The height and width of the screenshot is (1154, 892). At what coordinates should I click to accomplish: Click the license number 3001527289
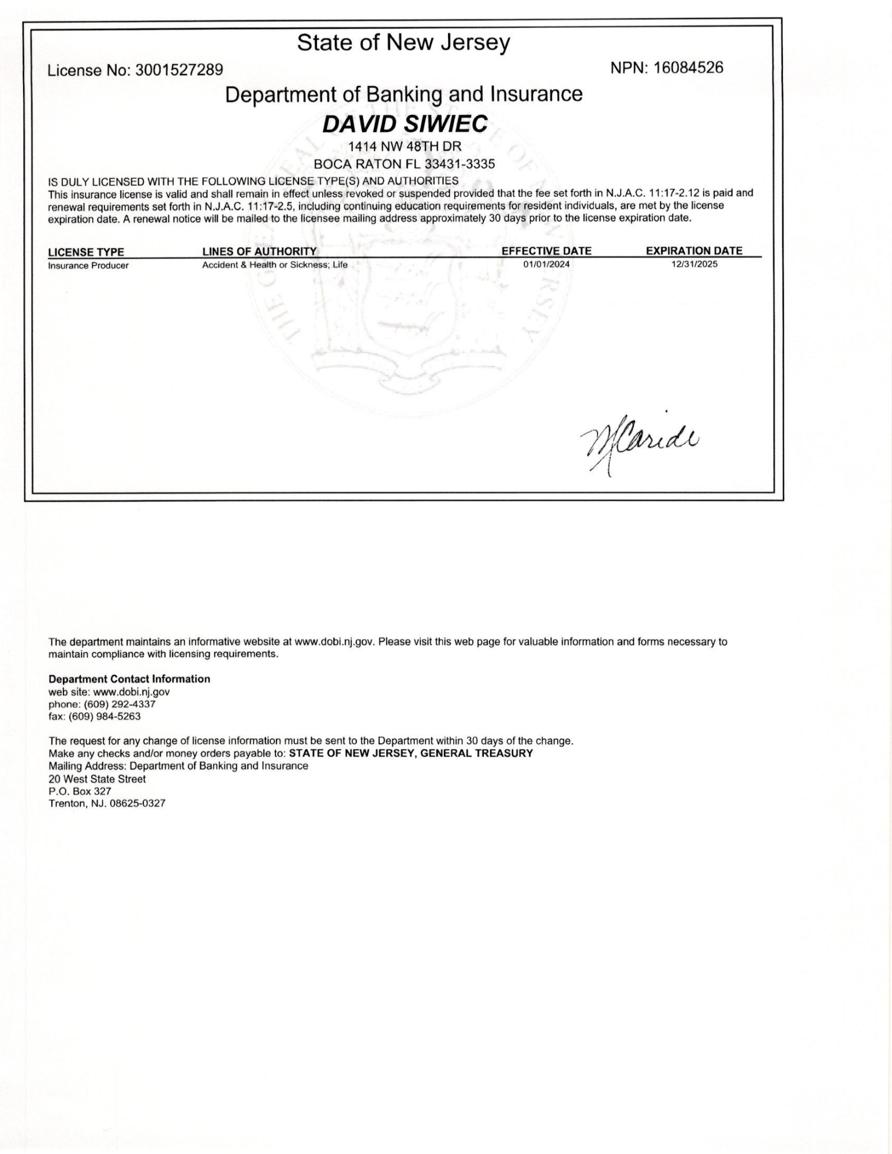179,70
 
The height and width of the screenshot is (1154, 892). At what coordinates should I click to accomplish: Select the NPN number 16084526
688,68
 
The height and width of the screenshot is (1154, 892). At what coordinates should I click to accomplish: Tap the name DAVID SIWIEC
404,124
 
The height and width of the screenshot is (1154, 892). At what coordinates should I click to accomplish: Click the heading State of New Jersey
404,43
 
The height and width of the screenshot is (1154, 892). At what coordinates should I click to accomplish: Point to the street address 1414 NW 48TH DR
404,147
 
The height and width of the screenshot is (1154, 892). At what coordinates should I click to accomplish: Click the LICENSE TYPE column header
86,252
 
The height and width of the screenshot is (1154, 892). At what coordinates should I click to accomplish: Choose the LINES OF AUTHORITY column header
259,252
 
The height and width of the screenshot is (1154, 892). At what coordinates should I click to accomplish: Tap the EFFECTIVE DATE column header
546,251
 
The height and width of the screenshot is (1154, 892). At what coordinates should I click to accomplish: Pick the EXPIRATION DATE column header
694,251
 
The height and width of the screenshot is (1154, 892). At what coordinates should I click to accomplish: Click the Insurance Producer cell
88,266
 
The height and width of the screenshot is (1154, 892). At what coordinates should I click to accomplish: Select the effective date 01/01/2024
546,265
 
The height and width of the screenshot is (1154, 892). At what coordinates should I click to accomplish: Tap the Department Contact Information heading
129,679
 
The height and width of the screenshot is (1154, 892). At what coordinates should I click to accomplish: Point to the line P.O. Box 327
80,792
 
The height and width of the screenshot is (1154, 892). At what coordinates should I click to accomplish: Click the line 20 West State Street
97,779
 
